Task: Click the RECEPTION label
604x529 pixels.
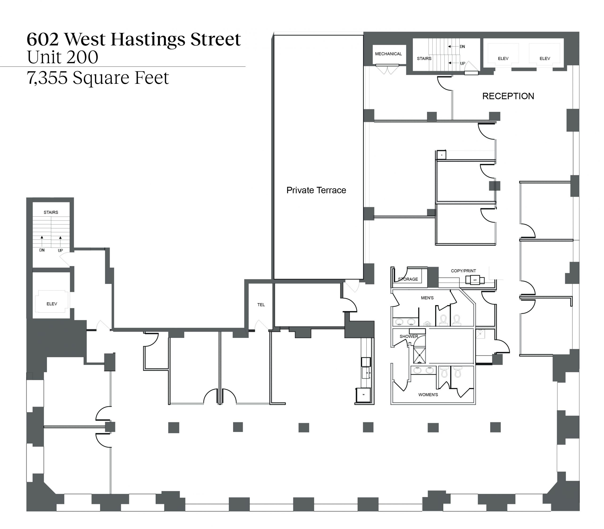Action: [x=508, y=96]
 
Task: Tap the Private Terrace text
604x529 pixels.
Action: [x=316, y=190]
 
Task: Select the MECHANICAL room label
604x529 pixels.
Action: [x=389, y=54]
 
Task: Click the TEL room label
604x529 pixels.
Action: [x=261, y=305]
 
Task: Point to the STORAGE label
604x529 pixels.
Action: [x=408, y=279]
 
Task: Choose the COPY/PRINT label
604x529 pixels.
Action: [x=463, y=271]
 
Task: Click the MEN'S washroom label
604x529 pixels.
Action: [x=427, y=298]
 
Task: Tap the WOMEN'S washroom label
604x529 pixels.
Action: [x=428, y=395]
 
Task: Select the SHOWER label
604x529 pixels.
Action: [x=409, y=336]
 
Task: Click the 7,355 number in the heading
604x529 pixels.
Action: [x=47, y=78]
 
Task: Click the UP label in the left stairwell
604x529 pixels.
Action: [x=60, y=250]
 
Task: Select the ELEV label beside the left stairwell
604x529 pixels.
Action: [x=52, y=304]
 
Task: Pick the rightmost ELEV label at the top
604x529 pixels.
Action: [x=545, y=59]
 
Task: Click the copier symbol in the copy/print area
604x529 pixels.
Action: [x=475, y=280]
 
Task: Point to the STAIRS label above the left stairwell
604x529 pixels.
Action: [x=51, y=212]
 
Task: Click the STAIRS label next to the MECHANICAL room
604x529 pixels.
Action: [x=424, y=59]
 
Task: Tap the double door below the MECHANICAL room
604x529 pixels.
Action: [x=387, y=70]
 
